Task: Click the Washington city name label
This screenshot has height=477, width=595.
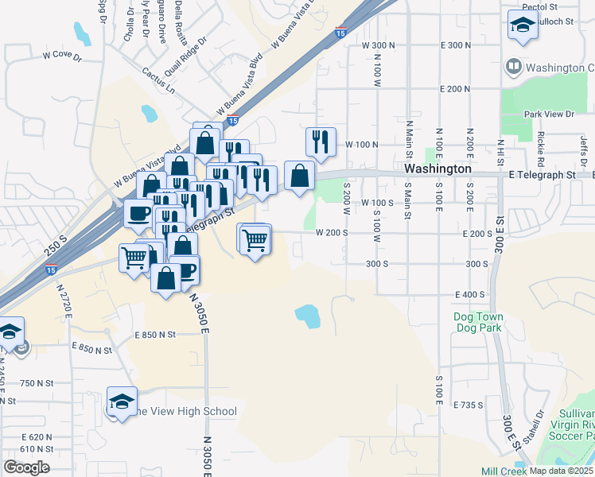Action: [x=437, y=169]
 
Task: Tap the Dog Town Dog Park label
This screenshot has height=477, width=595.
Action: [x=478, y=322]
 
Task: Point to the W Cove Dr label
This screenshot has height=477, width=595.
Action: [x=63, y=56]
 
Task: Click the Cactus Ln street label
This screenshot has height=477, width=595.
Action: [x=159, y=82]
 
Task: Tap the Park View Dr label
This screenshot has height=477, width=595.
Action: [x=549, y=114]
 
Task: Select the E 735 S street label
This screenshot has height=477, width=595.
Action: [x=469, y=405]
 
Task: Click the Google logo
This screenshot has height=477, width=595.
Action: [x=26, y=467]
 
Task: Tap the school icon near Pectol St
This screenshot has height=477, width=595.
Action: [x=522, y=25]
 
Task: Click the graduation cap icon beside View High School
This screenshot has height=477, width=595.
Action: [x=122, y=401]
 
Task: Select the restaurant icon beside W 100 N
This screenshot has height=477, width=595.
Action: [x=321, y=142]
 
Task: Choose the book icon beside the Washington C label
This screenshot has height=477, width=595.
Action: [x=514, y=68]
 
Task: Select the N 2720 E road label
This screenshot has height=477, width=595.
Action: [x=63, y=303]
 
